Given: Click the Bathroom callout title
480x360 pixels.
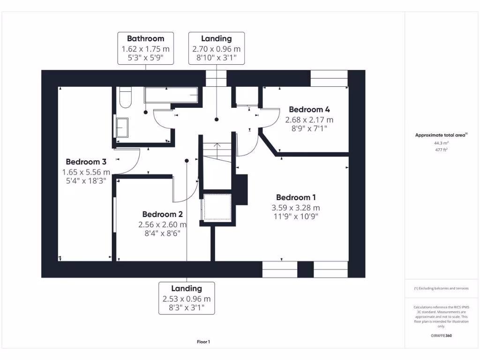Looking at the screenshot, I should coord(145,38).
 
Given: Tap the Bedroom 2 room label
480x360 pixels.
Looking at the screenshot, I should coord(162,214).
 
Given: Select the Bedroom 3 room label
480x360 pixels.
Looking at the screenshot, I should coord(86,162).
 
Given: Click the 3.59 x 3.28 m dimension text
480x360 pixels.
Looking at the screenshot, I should coord(296,208).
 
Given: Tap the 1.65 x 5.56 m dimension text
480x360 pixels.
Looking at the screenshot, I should coord(86,172).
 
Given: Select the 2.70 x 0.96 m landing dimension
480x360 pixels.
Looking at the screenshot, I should coord(216,49).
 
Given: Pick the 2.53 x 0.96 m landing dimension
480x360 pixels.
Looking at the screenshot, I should coord(187,299).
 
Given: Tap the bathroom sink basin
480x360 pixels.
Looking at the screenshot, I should coord(122,127).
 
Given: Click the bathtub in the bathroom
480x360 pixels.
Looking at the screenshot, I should coord(172,95).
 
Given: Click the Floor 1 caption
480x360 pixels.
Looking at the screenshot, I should coord(203,342).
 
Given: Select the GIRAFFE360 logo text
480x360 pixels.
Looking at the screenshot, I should coord(441,336).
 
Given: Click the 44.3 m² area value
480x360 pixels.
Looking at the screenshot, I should coord(441,142).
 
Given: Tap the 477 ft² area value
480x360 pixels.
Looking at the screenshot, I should coord(441,150).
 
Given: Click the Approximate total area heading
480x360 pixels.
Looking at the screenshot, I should coord(441,135).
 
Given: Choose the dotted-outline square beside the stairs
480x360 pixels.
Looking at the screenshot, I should coord(217,206).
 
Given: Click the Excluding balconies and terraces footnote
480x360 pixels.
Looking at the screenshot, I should coord(441,288).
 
